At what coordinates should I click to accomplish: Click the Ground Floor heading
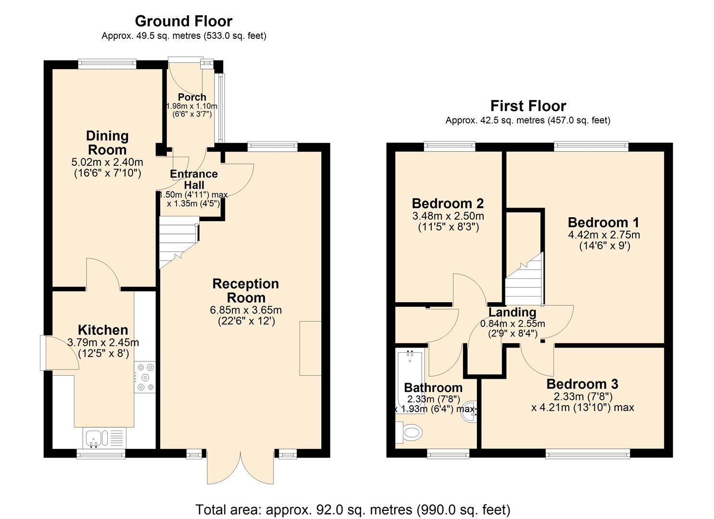[183, 21]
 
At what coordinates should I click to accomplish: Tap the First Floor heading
[528, 106]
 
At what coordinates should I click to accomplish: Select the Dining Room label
[107, 143]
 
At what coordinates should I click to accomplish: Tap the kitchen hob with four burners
[145, 377]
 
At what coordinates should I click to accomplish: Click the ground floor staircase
[178, 240]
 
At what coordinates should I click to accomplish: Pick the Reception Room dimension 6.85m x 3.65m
[246, 310]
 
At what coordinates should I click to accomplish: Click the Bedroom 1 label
[603, 222]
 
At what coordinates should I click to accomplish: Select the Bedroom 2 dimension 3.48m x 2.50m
[448, 216]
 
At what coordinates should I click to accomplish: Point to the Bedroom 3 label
[582, 384]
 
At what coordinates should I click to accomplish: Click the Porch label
[192, 97]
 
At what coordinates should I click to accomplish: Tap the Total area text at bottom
[353, 509]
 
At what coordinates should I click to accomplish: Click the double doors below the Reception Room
[240, 466]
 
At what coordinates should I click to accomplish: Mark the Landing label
[512, 312]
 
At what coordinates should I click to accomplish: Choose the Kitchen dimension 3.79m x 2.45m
[103, 343]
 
